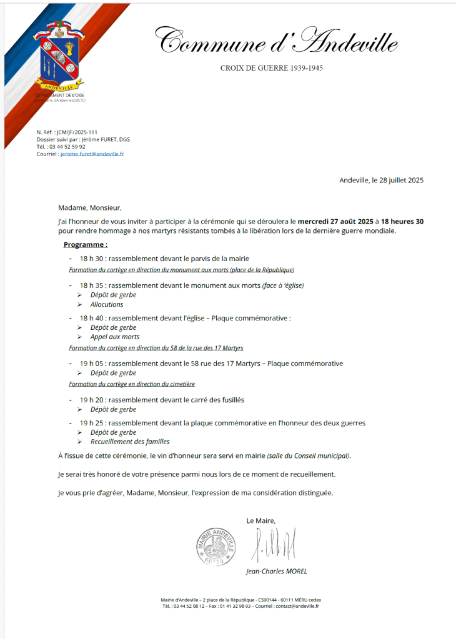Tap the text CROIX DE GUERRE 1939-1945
click(272, 67)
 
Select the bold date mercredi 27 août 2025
click(335, 222)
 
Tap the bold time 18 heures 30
click(403, 222)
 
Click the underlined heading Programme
click(85, 244)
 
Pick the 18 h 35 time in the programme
click(91, 285)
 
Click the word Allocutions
click(107, 305)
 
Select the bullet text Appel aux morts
click(115, 337)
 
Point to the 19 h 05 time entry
click(91, 364)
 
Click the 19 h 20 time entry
click(91, 400)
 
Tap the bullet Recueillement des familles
click(129, 442)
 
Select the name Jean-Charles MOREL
click(277, 571)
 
